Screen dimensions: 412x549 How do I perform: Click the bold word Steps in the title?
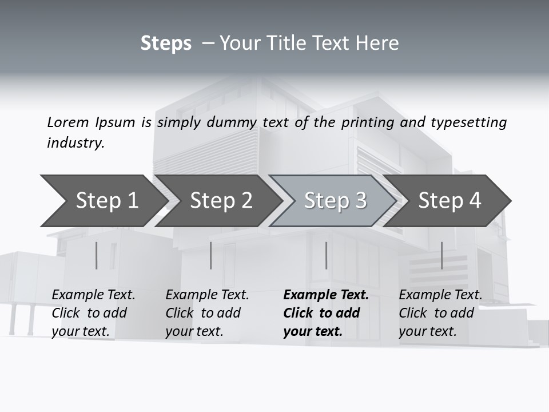coord(166,43)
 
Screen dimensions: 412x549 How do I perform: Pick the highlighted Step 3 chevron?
coord(335,201)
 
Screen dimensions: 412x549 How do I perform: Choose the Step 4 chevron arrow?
coord(449,201)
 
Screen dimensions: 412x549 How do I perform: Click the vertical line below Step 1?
coord(97,255)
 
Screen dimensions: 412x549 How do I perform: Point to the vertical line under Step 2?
coord(211,255)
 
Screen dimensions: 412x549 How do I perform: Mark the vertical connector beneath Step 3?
coord(326,255)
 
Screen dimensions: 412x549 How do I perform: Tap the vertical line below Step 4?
coord(441,255)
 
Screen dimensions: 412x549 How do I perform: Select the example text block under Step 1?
coord(93,313)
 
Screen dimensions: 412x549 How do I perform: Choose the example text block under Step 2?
coord(207,313)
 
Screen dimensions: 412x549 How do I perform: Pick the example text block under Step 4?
coord(440,313)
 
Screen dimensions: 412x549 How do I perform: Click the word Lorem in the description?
coord(67,122)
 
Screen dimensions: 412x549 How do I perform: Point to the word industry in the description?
coord(75,143)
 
